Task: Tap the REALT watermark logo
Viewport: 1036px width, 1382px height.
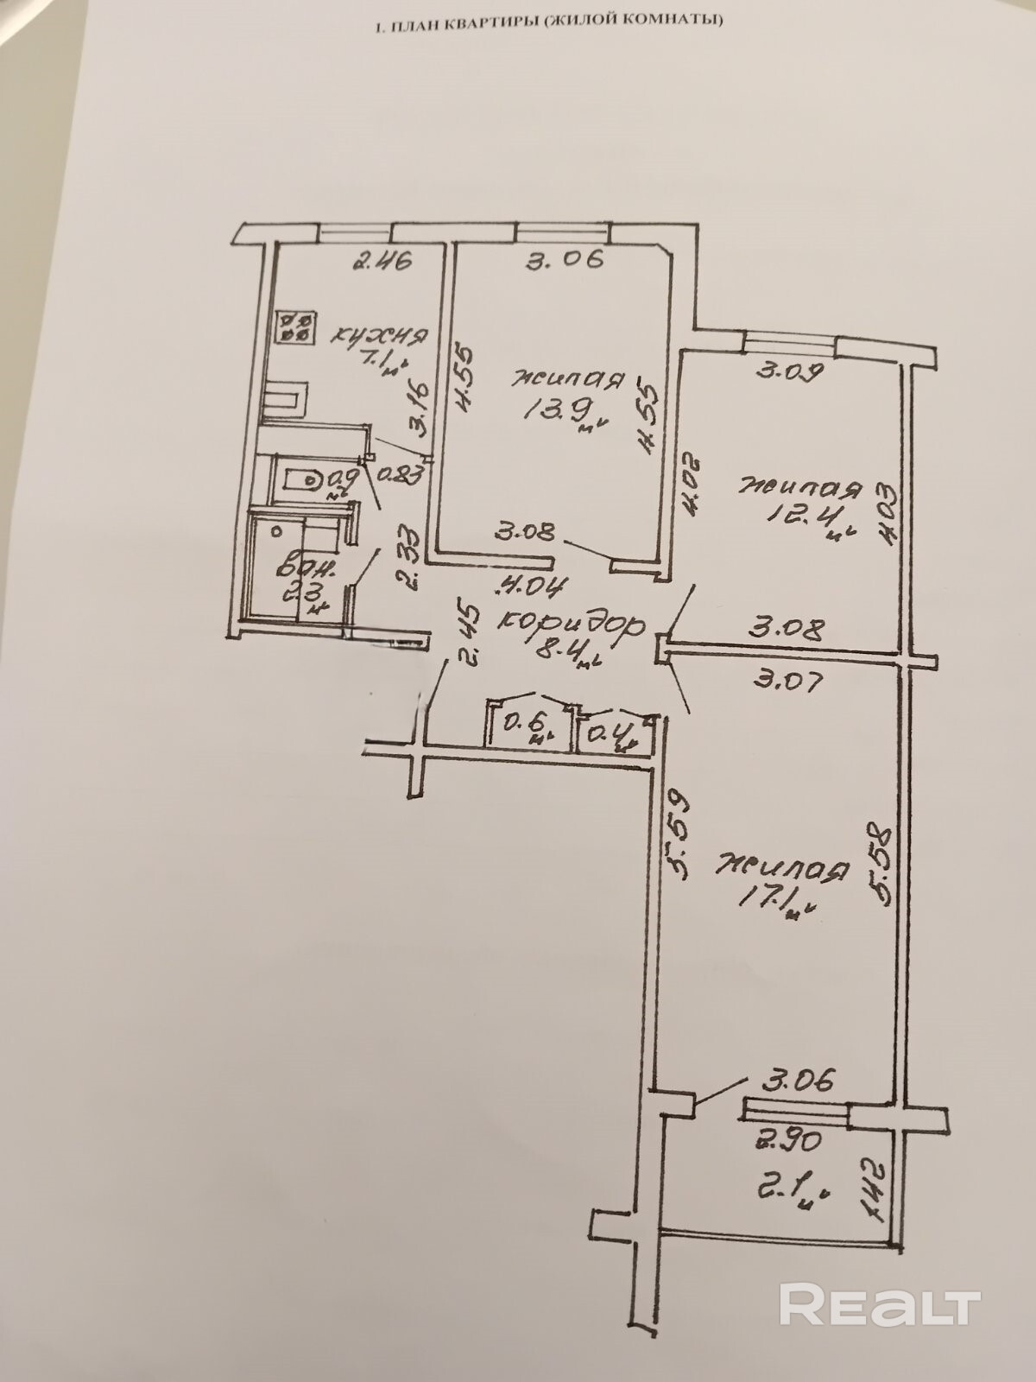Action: (x=880, y=1280)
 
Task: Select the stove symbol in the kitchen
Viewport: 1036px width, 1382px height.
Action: (x=294, y=326)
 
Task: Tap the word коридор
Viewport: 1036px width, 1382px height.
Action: (x=573, y=623)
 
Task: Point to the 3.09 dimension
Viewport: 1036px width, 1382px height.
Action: (x=792, y=372)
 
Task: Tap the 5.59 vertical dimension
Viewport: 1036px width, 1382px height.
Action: (x=677, y=837)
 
